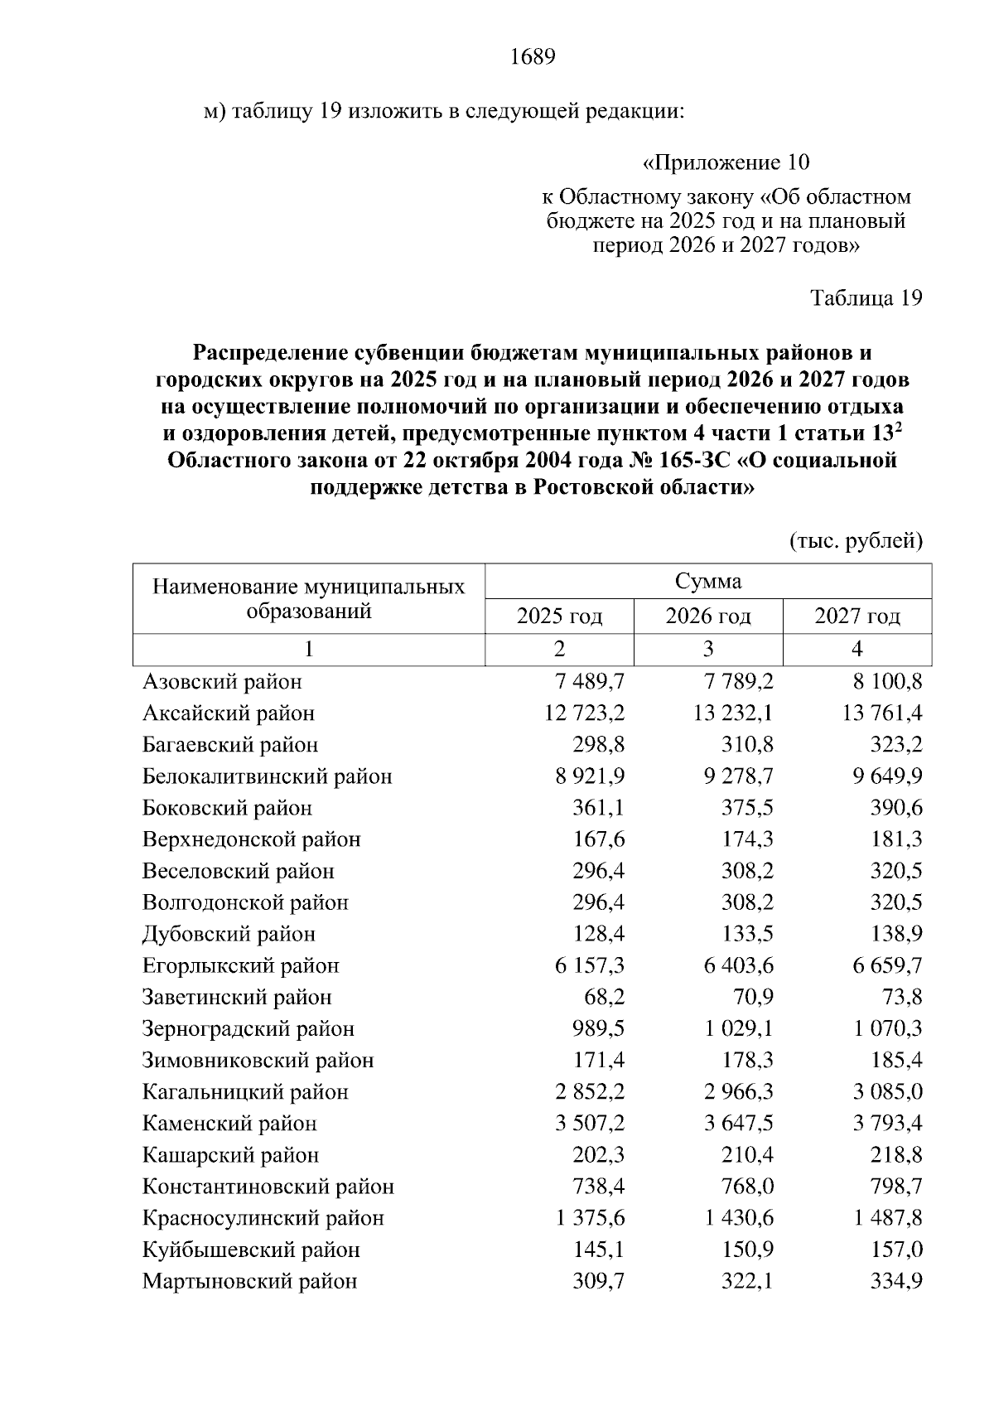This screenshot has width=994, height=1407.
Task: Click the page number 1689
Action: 532,57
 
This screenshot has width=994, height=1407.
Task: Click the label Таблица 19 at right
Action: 866,298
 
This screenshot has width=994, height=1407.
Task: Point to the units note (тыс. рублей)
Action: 856,542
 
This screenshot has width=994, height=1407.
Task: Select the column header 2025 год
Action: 559,616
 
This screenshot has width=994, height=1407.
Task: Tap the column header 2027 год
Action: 857,616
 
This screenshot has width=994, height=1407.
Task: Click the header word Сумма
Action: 708,581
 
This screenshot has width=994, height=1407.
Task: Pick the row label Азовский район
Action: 222,682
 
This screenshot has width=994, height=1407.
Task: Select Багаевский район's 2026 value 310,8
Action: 747,745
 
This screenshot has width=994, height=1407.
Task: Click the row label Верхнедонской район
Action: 252,839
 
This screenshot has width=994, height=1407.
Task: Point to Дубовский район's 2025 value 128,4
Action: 599,934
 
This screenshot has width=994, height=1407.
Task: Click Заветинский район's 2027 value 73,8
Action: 901,997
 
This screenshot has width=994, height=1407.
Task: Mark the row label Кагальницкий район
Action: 245,1092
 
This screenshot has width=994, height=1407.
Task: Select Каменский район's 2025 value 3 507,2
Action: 590,1124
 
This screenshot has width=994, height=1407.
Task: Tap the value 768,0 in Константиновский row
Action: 747,1187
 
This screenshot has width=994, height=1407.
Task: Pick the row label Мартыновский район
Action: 249,1281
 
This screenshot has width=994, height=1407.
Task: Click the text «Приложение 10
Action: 726,162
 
